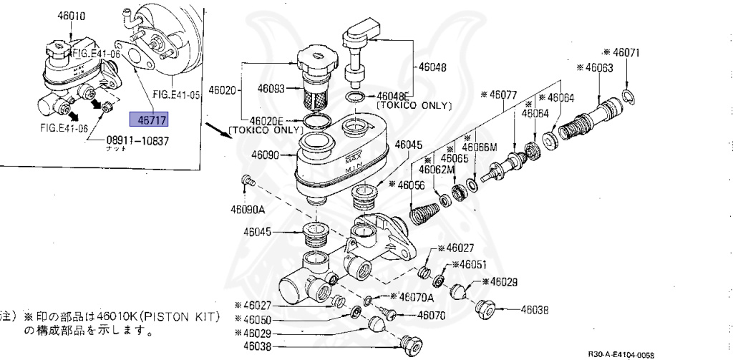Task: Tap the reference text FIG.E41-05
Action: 175,94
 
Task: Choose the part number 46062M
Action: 437,169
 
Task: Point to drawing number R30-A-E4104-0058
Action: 621,354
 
